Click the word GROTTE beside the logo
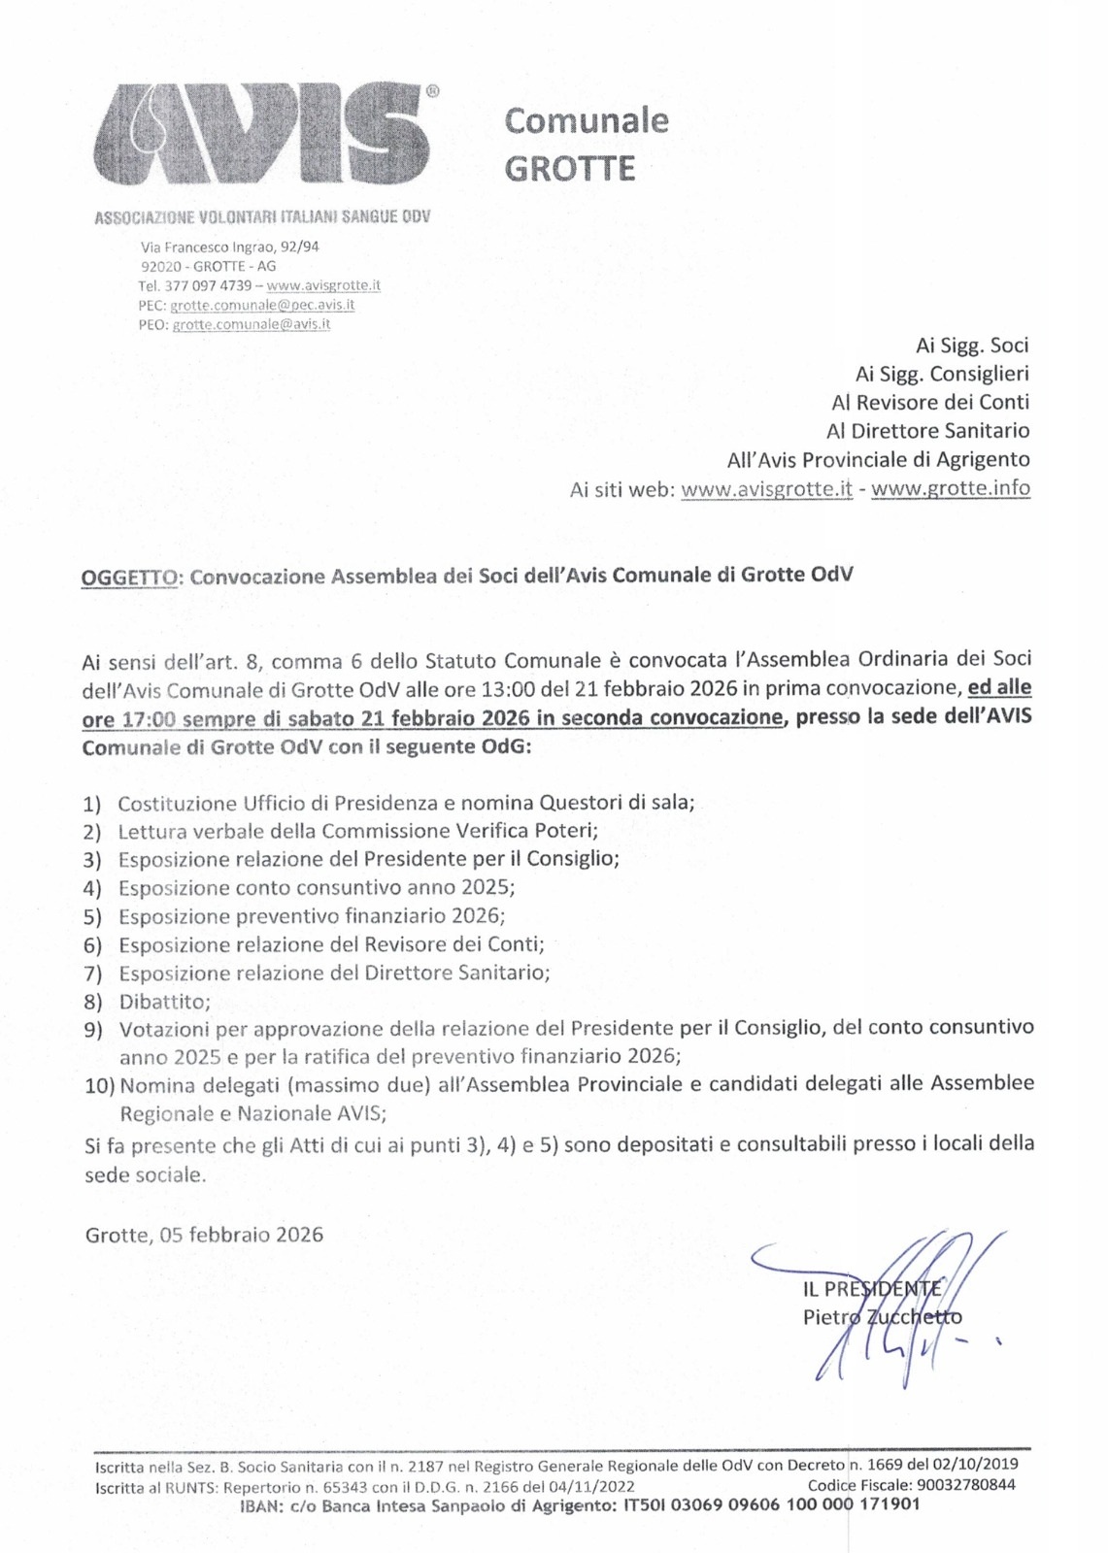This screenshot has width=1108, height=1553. click(569, 169)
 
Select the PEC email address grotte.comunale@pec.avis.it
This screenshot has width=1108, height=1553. click(262, 305)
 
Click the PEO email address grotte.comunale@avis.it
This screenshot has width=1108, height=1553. click(251, 324)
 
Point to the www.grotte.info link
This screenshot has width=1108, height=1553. click(950, 488)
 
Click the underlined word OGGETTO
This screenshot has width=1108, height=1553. click(130, 577)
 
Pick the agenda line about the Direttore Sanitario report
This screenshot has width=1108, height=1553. click(334, 973)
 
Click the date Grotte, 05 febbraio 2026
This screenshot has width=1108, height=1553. click(204, 1235)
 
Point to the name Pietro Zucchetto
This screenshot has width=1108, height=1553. click(882, 1317)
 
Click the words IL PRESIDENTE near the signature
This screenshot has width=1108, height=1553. click(872, 1289)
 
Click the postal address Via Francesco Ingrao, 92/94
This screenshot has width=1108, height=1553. click(230, 247)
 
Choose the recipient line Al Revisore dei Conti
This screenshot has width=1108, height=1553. click(929, 402)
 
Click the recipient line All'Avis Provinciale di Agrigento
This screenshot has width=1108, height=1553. click(878, 459)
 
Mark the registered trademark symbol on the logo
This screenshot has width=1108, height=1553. click(432, 91)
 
